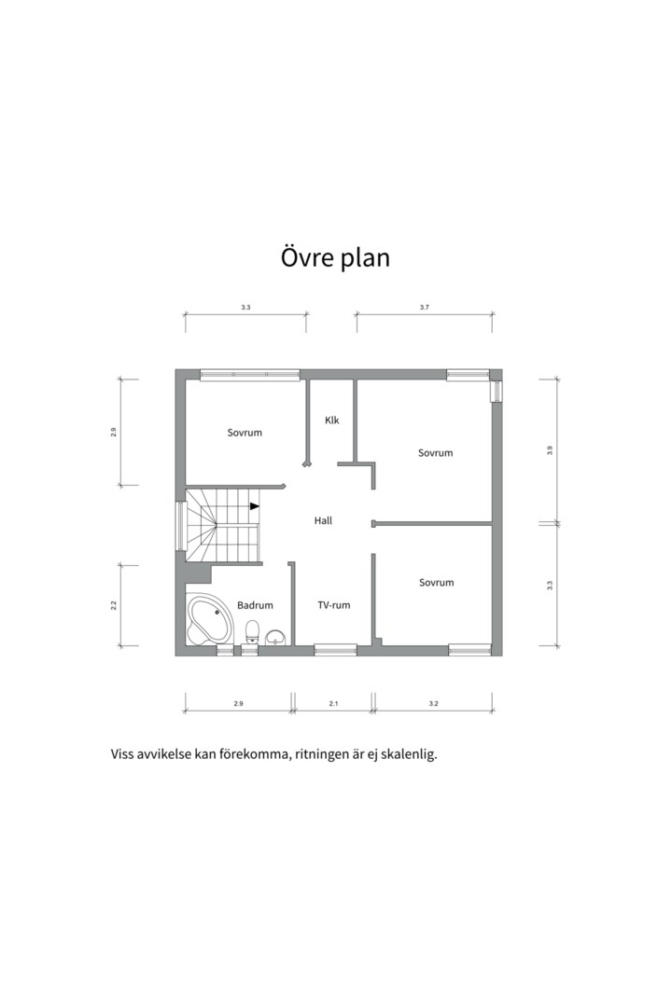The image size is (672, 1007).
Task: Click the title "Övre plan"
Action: point(335,257)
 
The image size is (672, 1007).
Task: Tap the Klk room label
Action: point(332,421)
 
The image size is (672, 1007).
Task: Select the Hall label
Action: point(324,521)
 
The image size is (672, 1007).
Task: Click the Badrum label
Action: point(256,605)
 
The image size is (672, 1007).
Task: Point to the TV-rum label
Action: point(334,605)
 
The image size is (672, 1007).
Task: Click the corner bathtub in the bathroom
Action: point(210,619)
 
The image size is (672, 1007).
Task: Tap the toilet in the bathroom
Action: point(253,631)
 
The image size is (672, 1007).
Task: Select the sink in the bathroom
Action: point(276,637)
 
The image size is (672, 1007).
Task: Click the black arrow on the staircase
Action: point(255,506)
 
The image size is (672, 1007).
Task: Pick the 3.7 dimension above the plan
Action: point(425,308)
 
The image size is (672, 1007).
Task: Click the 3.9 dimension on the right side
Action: point(550,450)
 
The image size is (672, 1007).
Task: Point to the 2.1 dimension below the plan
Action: point(333,704)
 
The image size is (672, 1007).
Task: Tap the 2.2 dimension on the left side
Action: point(113,605)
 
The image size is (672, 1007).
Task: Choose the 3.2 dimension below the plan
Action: point(433,704)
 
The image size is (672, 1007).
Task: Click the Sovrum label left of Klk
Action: point(245,433)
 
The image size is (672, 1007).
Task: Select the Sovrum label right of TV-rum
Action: point(437,583)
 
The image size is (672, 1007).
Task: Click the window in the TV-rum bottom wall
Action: point(335,650)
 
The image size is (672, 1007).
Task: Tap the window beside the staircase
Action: point(181,526)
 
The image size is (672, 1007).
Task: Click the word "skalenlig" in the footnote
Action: point(409,754)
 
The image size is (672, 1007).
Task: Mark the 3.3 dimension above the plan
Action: point(245,308)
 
